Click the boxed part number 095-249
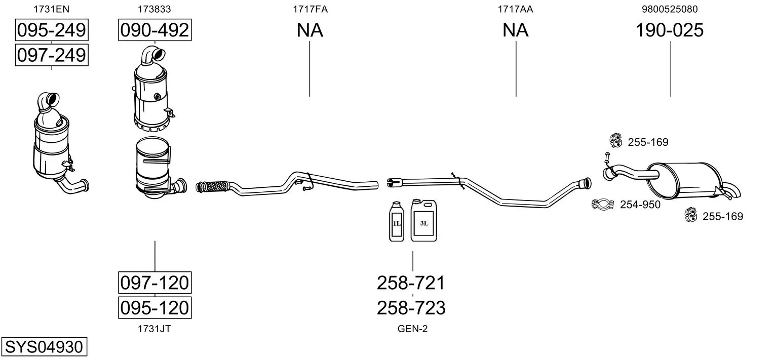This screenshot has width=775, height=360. click(52, 30)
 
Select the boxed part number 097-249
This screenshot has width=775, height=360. click(52, 55)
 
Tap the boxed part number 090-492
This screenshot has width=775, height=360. click(154, 30)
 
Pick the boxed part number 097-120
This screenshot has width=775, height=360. click(154, 283)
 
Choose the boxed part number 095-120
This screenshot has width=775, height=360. click(154, 307)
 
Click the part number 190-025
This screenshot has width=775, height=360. click(670, 30)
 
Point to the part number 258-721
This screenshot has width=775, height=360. click(411, 283)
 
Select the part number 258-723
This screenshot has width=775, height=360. click(411, 308)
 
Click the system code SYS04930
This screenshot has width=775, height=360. click(44, 346)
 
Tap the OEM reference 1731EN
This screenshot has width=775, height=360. click(51, 9)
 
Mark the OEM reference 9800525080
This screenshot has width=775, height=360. click(670, 9)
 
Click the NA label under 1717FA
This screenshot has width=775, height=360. click(309, 30)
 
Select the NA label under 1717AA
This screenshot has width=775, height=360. click(516, 30)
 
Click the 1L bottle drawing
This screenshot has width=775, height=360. click(397, 221)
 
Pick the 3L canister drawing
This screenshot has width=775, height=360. click(424, 220)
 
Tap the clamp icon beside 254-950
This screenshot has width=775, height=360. click(603, 204)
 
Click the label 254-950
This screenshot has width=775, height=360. click(640, 205)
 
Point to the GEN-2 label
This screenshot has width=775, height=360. click(412, 329)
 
